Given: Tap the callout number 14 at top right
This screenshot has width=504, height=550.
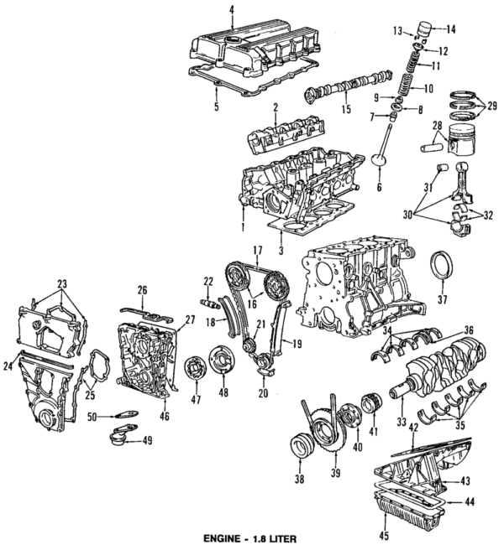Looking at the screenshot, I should (450, 29).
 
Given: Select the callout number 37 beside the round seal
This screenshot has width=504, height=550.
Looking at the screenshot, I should (443, 298).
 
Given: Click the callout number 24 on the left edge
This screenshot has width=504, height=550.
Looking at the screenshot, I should (8, 366).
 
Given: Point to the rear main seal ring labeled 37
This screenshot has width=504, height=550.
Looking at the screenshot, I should (442, 267).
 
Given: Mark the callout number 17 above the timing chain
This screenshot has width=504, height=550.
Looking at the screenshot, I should (258, 250).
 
